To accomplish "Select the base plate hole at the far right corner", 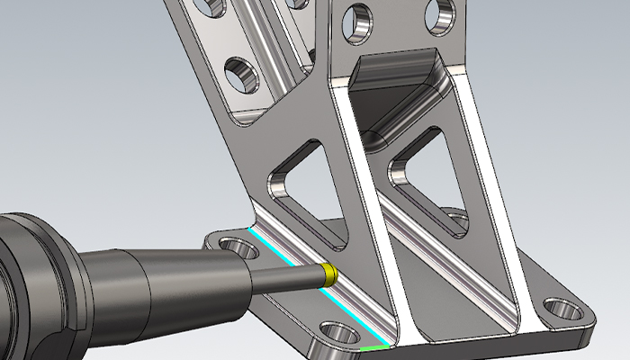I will click(564, 312).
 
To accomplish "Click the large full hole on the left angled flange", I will click(241, 75).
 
